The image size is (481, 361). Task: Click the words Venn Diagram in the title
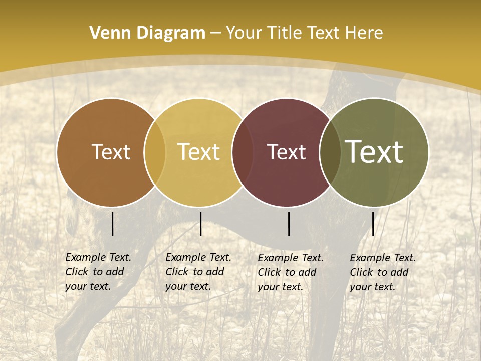147,33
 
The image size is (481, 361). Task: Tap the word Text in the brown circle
111,152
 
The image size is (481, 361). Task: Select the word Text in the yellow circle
199,152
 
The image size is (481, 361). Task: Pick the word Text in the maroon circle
286,152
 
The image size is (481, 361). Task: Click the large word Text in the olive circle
374,152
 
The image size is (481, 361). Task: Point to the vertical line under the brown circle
112,224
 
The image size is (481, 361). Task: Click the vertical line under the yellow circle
200,224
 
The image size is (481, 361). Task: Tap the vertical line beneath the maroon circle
289,224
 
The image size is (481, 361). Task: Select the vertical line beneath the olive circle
373,224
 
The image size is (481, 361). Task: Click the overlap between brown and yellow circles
155,152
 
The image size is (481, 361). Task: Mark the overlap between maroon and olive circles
330,152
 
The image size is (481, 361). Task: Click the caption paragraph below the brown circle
98,272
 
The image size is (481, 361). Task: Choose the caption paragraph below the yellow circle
198,272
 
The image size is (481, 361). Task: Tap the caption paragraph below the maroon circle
291,272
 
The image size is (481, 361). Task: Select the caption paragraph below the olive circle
383,272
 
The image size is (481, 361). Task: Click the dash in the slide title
215,33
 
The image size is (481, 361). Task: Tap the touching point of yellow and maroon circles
238,152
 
